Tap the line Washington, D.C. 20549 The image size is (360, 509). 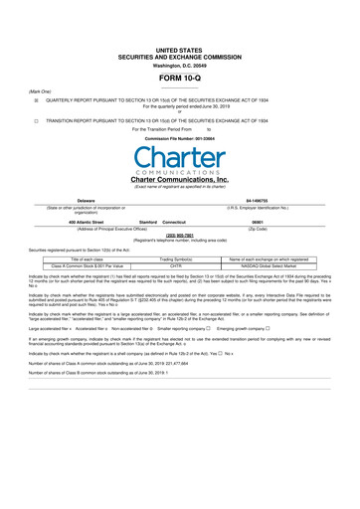tap(179, 64)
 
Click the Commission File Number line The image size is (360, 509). tap(179, 137)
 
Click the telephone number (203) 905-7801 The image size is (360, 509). tap(179, 236)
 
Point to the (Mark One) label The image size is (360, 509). tap(40, 90)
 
